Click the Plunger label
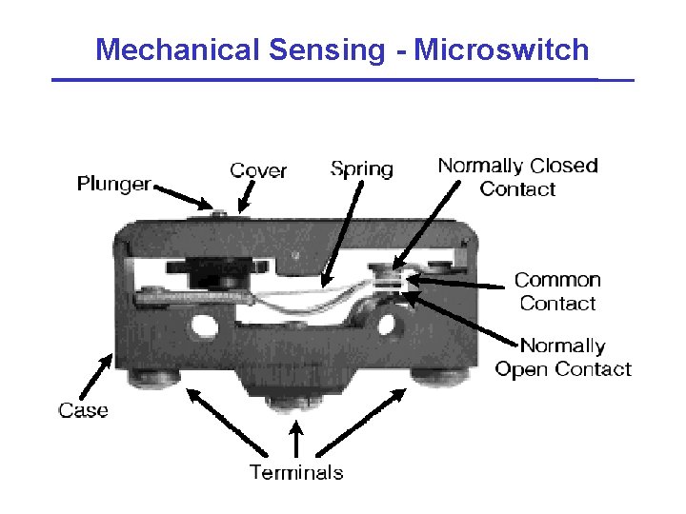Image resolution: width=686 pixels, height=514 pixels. click(x=113, y=184)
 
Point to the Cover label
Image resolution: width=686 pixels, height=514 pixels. click(x=258, y=170)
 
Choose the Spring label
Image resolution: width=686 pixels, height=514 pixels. click(x=361, y=169)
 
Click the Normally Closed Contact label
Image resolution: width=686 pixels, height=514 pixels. click(x=517, y=177)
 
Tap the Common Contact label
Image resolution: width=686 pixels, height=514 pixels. click(x=557, y=291)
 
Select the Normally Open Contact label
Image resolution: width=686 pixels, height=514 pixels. click(x=563, y=357)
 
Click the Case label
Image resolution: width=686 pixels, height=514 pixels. click(x=83, y=410)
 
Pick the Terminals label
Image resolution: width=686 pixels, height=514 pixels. click(x=296, y=471)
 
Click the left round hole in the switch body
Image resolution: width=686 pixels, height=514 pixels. click(x=202, y=325)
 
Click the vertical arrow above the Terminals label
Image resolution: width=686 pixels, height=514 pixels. click(x=296, y=440)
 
